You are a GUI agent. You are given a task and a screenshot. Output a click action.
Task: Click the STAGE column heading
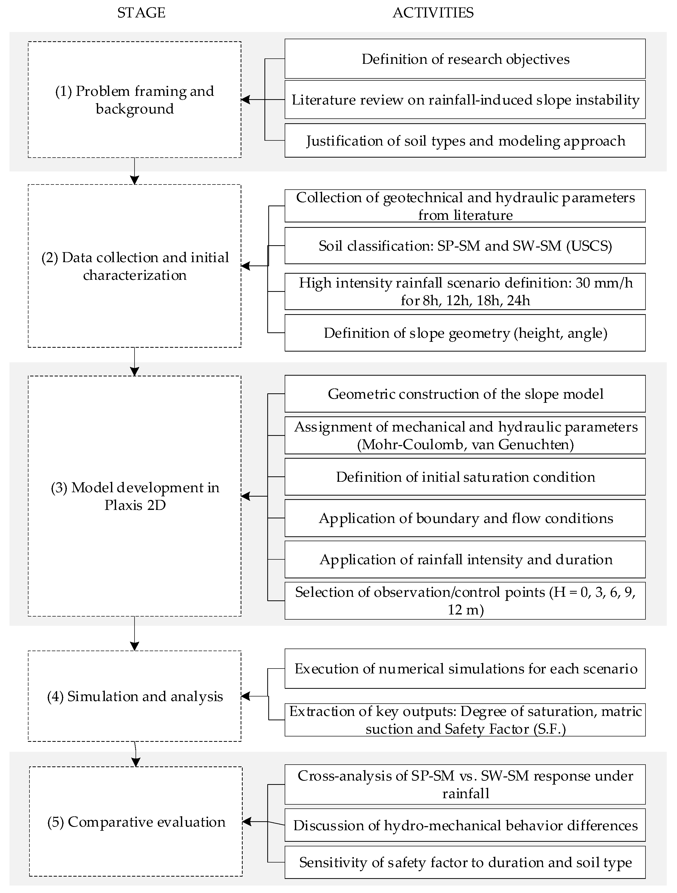(141, 13)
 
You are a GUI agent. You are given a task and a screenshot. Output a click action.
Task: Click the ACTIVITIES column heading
(433, 13)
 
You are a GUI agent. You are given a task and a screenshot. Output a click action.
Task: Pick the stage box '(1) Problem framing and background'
(135, 100)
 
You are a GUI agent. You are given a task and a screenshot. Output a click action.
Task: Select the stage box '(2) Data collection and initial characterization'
(135, 266)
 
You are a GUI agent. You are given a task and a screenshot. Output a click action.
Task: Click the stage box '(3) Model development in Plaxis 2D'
(135, 496)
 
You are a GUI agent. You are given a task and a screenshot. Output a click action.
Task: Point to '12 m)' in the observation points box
(465, 610)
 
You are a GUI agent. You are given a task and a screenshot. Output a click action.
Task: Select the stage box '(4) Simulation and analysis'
(135, 696)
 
